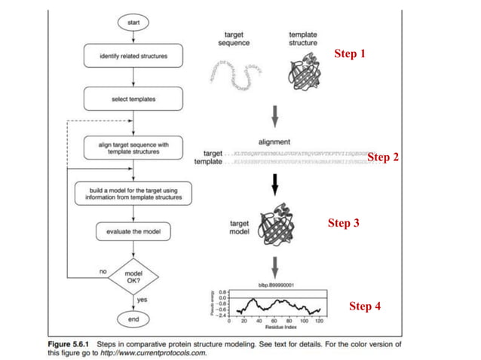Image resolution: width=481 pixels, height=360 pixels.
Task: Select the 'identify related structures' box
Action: coord(133,56)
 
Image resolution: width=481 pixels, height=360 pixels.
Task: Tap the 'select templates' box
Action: coord(133,99)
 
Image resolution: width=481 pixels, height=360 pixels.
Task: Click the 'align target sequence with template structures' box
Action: coord(133,146)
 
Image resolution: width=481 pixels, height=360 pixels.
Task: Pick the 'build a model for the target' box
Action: coord(133,192)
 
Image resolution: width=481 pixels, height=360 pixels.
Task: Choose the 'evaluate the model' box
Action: coord(133,231)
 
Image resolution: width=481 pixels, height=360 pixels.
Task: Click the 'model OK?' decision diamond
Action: coord(133,279)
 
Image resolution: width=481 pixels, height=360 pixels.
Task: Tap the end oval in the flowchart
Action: coord(133,320)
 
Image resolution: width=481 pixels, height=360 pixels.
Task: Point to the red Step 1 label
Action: coord(349,54)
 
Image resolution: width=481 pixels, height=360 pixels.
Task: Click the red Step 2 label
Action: coord(383,157)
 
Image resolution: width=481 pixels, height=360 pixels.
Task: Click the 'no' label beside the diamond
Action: coord(103,270)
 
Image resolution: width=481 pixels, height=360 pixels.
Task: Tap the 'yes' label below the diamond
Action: coord(140,300)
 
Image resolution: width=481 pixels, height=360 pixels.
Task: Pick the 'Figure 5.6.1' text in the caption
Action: coord(67,343)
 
